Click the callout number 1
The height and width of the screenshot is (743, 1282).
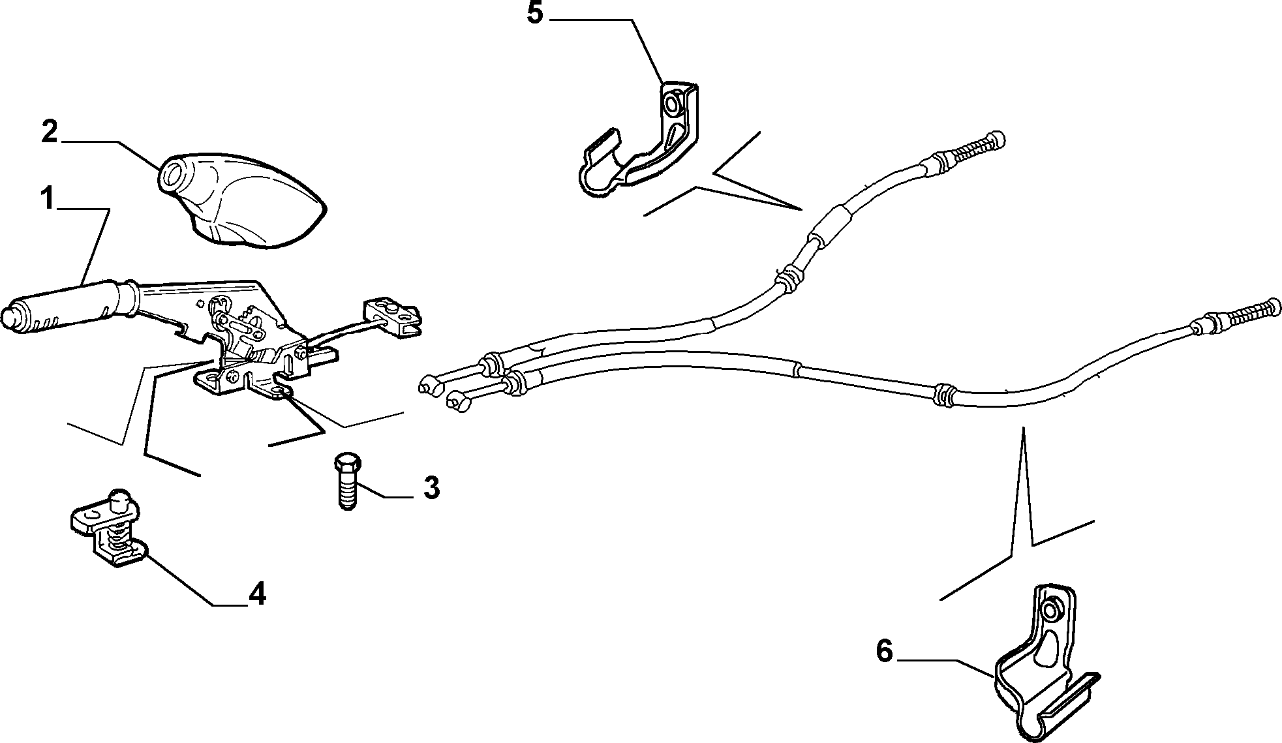tap(47, 196)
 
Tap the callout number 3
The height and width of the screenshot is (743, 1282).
tap(431, 487)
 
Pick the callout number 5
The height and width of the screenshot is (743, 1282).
tap(535, 13)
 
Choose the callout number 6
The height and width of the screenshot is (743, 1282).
tap(884, 650)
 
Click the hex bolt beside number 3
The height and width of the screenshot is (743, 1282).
tap(346, 481)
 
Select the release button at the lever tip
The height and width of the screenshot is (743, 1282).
tap(10, 318)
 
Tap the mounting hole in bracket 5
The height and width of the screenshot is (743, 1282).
tap(672, 102)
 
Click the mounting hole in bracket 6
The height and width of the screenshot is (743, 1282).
tap(1050, 611)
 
